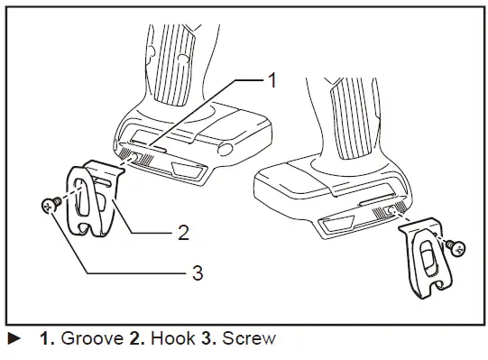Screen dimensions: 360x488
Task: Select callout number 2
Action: pyautogui.click(x=183, y=232)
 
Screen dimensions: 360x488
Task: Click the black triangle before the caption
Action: pyautogui.click(x=14, y=340)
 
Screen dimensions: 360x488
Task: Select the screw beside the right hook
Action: pyautogui.click(x=458, y=245)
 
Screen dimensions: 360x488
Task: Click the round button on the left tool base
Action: pyautogui.click(x=226, y=147)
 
